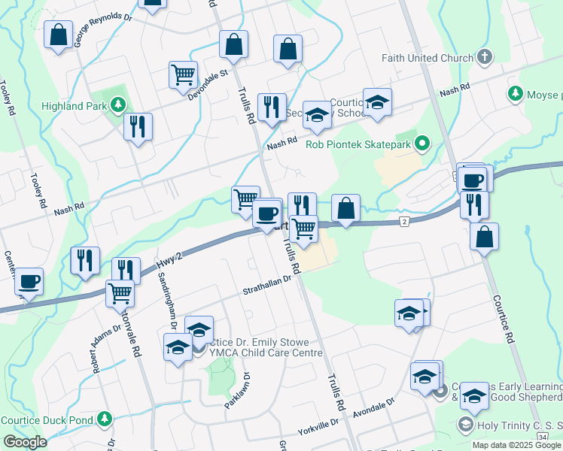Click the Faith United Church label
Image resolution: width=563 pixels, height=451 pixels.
pyautogui.click(x=423, y=57)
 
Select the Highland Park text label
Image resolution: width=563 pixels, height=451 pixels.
pyautogui.click(x=74, y=106)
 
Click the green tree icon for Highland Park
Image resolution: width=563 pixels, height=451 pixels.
pyautogui.click(x=117, y=104)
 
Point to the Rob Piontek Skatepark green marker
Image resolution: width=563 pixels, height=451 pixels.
pyautogui.click(x=423, y=142)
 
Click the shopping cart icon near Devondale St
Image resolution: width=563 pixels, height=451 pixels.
pyautogui.click(x=183, y=75)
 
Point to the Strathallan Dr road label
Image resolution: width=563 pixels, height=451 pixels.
pyautogui.click(x=266, y=283)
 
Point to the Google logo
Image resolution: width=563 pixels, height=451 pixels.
pyautogui.click(x=25, y=441)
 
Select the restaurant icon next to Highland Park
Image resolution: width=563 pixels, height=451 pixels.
pyautogui.click(x=138, y=126)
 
